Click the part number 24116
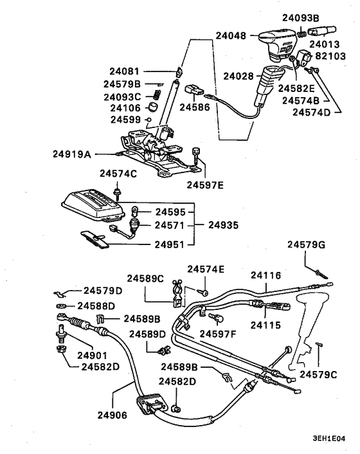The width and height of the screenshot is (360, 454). click(267, 275)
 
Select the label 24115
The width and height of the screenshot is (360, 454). click(267, 325)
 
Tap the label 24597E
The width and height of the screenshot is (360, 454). click(205, 186)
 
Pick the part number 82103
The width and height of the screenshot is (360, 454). click(330, 57)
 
